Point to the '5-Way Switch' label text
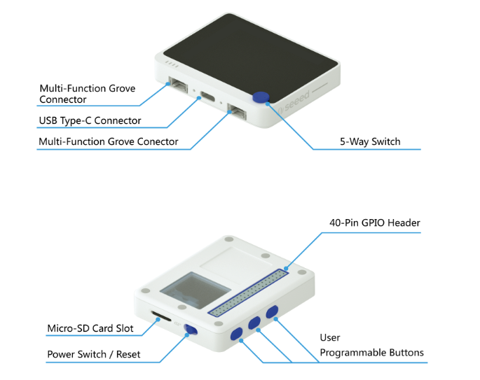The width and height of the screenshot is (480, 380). pyautogui.click(x=370, y=141)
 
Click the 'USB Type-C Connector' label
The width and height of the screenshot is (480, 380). pyautogui.click(x=90, y=120)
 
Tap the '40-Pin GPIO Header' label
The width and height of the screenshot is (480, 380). pyautogui.click(x=375, y=223)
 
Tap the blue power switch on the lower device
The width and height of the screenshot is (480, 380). pyautogui.click(x=190, y=331)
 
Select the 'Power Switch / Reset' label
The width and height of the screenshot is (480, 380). pyautogui.click(x=93, y=354)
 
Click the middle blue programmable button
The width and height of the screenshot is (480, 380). pyautogui.click(x=254, y=323)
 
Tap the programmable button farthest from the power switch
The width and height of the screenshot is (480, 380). pyautogui.click(x=271, y=311)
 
